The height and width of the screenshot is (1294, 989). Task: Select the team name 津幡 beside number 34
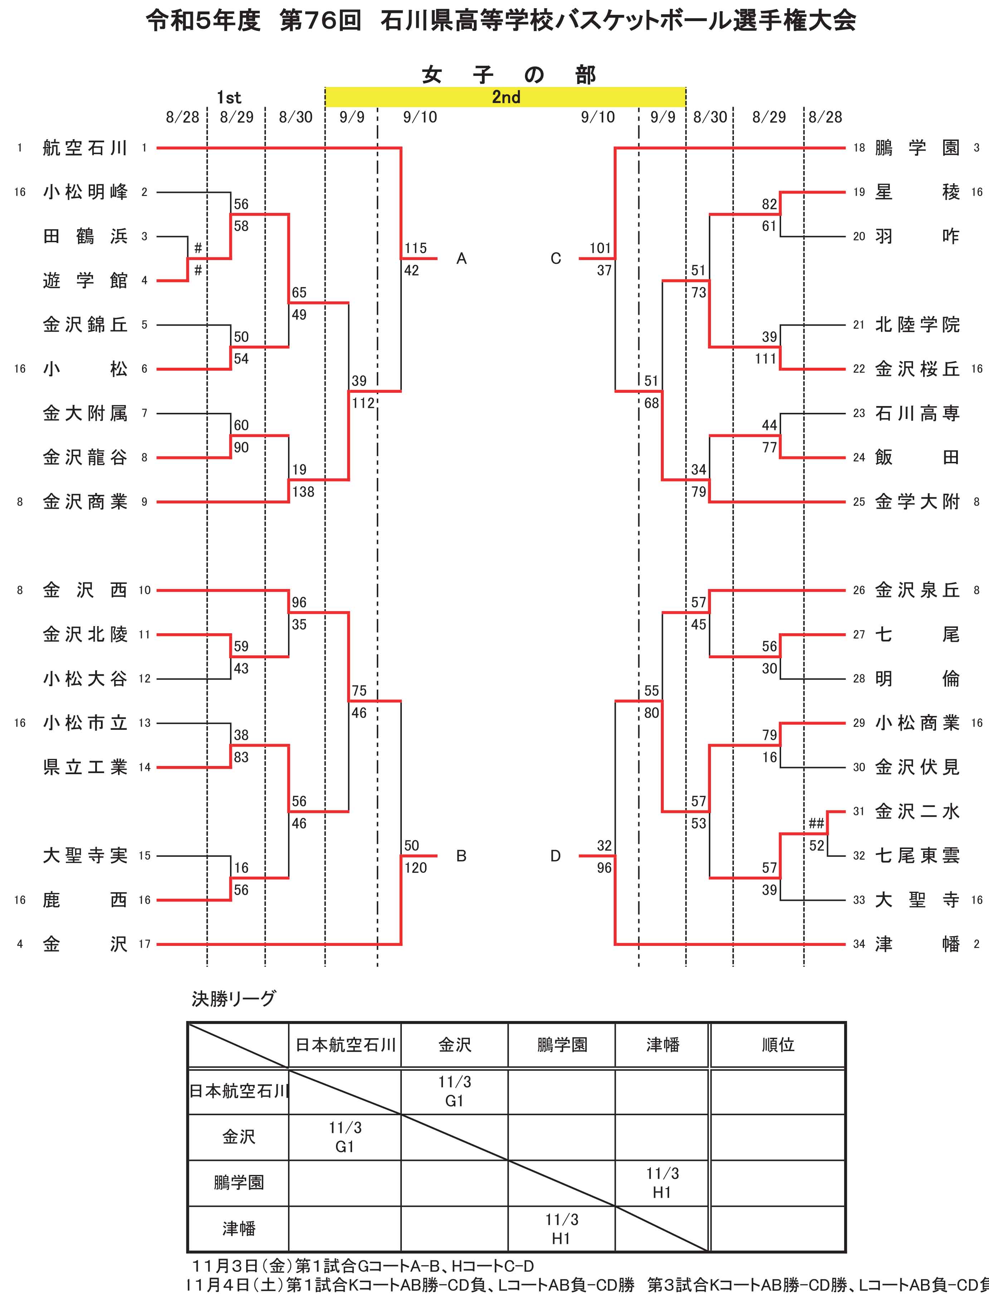tap(917, 944)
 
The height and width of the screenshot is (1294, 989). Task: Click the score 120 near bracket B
tap(416, 868)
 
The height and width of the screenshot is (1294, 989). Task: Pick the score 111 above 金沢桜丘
tap(765, 358)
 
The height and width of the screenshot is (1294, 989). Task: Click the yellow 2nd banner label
tap(506, 97)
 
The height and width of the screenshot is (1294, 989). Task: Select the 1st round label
tap(229, 97)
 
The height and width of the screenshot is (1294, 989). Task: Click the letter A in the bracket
tap(462, 259)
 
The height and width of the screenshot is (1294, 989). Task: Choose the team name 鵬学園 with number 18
tap(917, 148)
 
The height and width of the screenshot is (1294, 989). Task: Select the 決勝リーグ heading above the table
tap(233, 998)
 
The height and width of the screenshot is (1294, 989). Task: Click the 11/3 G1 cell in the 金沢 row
tap(345, 1137)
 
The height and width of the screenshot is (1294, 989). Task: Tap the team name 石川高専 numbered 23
tap(917, 414)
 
